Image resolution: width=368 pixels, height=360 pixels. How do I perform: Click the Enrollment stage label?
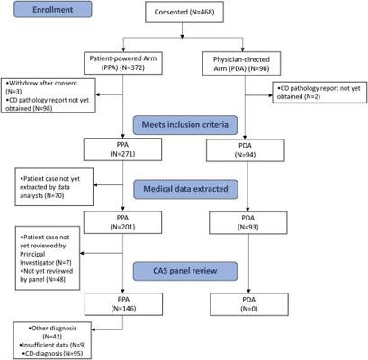point(53,9)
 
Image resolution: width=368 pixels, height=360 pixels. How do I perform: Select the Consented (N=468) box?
point(184,12)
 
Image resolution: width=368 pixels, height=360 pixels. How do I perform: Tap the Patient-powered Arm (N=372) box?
point(123,63)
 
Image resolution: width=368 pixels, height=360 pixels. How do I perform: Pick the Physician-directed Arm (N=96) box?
point(241,64)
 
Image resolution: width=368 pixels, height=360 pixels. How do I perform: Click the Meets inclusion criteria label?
point(185,125)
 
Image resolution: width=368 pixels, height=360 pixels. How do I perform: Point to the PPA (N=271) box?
point(122,149)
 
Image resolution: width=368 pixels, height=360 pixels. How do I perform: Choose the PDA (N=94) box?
point(246,150)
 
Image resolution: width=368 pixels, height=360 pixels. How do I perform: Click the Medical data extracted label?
point(185,189)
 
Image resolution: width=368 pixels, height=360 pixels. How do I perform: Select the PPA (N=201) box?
point(122,222)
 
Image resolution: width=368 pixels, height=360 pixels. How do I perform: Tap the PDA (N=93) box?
point(248,222)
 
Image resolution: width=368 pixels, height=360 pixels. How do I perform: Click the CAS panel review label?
point(185,271)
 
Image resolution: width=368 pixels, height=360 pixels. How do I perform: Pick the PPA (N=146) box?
point(123,304)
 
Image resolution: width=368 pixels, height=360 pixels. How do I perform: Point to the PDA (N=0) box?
point(249,304)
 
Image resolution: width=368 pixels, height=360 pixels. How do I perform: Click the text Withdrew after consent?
point(42,84)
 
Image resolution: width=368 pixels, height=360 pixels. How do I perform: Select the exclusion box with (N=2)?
point(319,93)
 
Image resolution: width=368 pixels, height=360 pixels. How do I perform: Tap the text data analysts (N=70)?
point(42,196)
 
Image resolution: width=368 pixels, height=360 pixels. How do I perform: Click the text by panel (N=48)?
point(42,279)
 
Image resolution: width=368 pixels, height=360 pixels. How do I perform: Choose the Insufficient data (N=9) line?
point(52,345)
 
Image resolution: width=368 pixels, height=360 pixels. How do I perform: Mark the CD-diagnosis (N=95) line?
point(52,354)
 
